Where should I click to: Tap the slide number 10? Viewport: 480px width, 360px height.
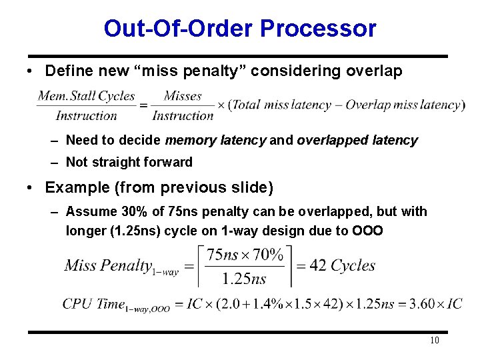(434, 341)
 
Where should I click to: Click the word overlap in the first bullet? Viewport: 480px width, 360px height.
(374, 71)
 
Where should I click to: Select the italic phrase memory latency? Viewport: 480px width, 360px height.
(215, 141)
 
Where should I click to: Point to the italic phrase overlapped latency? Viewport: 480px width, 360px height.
(357, 141)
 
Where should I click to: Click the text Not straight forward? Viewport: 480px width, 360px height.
(129, 162)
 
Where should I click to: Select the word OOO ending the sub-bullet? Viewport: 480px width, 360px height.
(369, 231)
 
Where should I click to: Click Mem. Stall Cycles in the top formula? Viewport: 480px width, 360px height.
(87, 96)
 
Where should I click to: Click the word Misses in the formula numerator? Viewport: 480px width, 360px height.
(183, 96)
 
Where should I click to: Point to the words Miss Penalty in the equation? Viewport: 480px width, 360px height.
(108, 265)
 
